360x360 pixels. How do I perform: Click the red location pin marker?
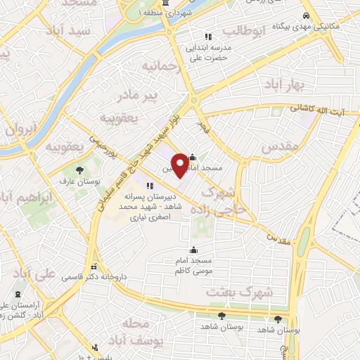180,165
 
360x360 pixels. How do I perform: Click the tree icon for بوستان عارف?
79,170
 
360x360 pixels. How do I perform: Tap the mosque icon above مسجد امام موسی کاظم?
194,250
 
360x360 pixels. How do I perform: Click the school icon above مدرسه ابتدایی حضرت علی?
207,37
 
